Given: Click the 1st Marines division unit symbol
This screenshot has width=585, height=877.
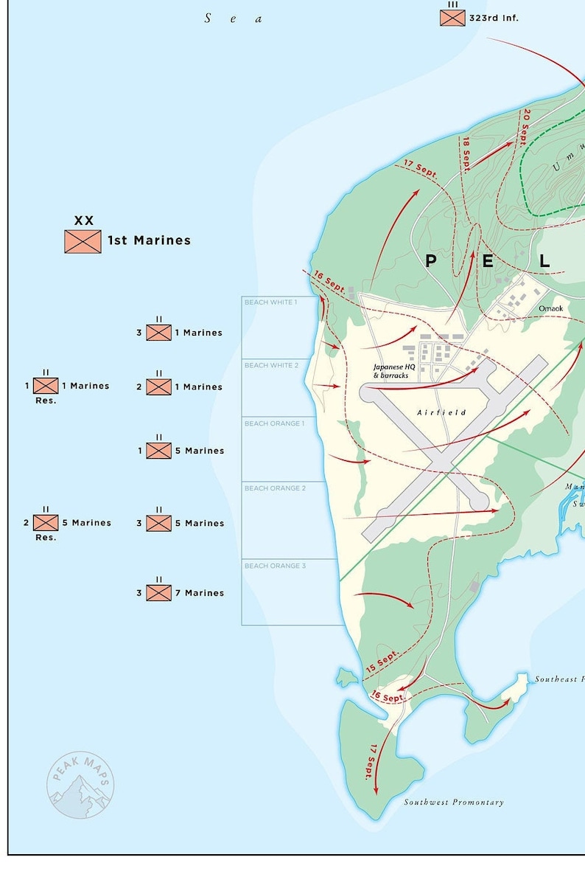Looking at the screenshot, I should pos(83,241).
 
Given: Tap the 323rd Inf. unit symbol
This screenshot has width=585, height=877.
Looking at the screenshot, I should pos(452,18).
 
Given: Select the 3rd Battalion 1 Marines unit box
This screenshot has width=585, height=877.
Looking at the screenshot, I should pos(158,333).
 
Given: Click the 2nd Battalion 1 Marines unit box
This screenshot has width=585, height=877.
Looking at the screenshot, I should pos(158,386).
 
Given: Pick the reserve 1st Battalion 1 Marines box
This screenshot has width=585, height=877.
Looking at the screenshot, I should pos(46,386).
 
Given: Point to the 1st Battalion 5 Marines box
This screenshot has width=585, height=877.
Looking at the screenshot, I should pos(158,451).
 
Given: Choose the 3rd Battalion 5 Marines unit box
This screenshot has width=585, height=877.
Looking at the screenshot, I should pos(158,523).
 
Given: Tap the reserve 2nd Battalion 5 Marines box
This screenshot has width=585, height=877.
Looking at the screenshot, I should pos(46,522).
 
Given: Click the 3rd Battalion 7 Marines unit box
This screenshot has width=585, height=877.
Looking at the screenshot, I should pos(158,593).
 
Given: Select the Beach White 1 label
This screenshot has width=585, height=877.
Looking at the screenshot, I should pos(271,302).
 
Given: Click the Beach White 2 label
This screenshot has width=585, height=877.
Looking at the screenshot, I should pos(271,365).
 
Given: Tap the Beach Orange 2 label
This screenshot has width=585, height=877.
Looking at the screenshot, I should pos(274,488).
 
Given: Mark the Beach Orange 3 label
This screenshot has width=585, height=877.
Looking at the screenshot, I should pos(274,566).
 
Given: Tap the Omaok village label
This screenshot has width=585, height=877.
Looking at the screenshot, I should pos(550,308).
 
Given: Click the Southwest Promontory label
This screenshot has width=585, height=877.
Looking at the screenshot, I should pos(454,803).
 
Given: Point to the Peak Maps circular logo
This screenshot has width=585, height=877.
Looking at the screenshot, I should pos(80,785).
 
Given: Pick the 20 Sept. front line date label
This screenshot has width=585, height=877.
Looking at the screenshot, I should pos(525,126).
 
